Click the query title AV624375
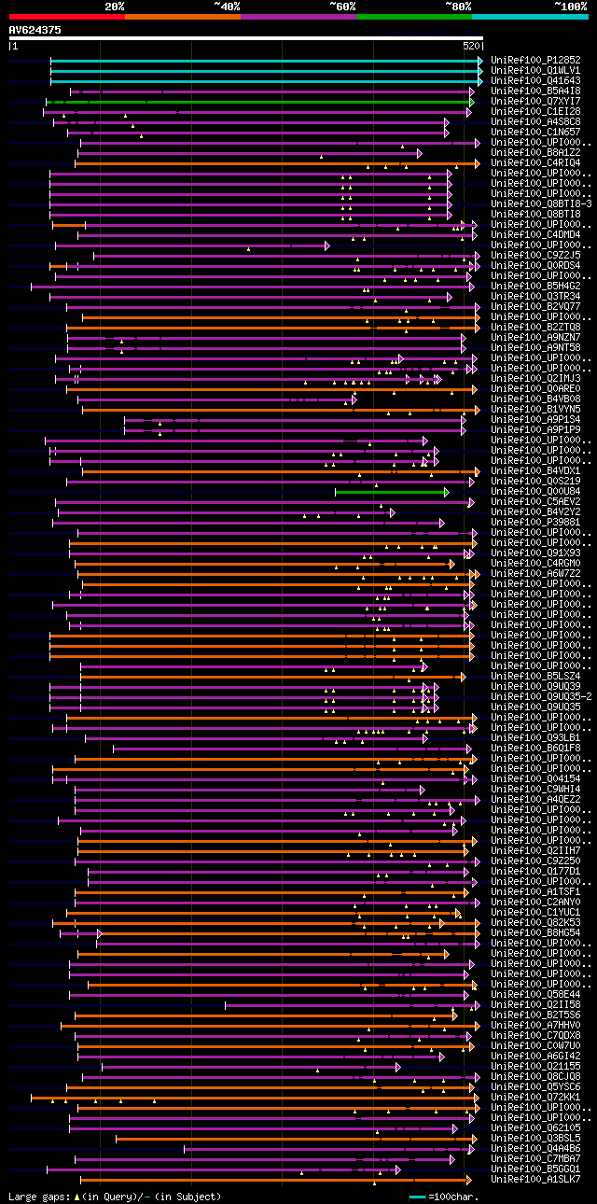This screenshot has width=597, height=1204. click(x=35, y=30)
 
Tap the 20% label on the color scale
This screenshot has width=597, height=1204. click(x=115, y=7)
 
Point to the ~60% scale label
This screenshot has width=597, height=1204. click(x=342, y=7)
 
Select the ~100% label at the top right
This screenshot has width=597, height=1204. click(x=570, y=7)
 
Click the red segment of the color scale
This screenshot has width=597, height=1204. click(x=66, y=17)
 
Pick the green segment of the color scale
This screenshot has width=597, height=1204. click(x=413, y=17)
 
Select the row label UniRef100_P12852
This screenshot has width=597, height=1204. click(x=535, y=60)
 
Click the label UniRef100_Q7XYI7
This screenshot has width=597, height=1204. click(x=535, y=101)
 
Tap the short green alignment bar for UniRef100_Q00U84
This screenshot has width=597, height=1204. click(x=391, y=491)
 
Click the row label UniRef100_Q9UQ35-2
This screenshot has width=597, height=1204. click(x=541, y=696)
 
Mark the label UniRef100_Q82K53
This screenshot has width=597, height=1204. click(x=535, y=922)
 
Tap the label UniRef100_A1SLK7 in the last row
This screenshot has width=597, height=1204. click(x=535, y=1179)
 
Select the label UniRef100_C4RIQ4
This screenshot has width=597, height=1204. click(x=535, y=162)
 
